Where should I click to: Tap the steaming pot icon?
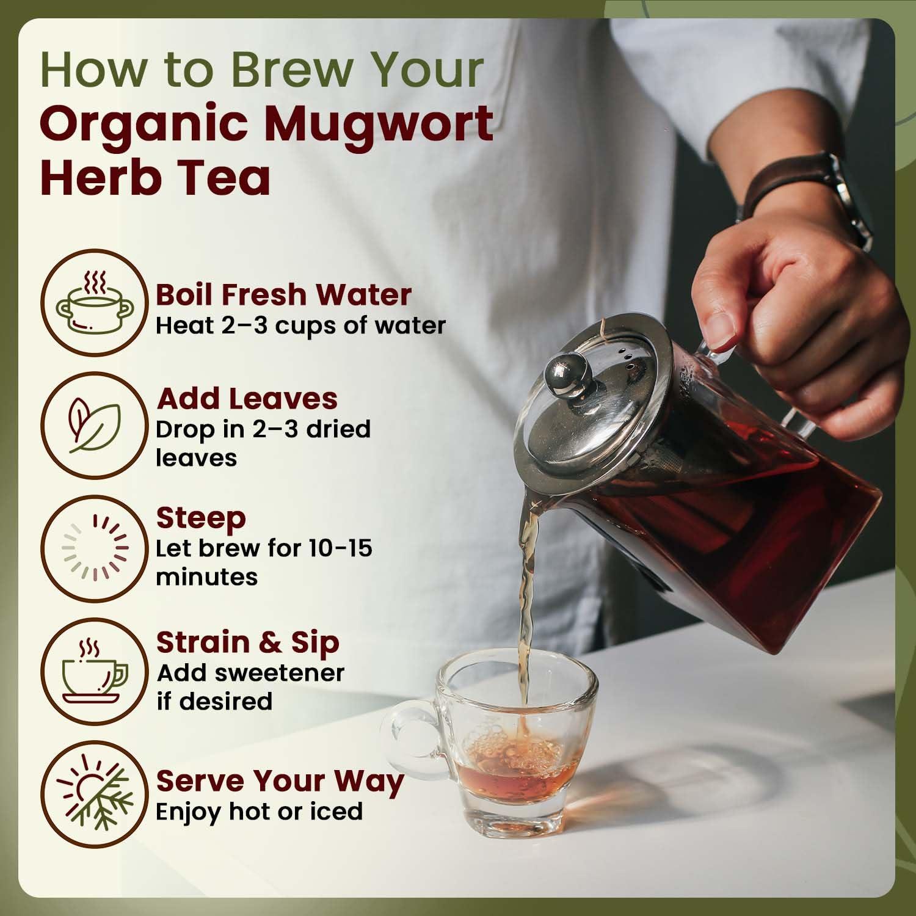point(94,303)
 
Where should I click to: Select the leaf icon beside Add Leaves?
point(94,425)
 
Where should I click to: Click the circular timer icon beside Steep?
point(94,547)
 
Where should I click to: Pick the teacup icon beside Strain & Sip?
point(94,669)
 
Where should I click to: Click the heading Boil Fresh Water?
point(283,294)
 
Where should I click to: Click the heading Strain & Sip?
point(247,642)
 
